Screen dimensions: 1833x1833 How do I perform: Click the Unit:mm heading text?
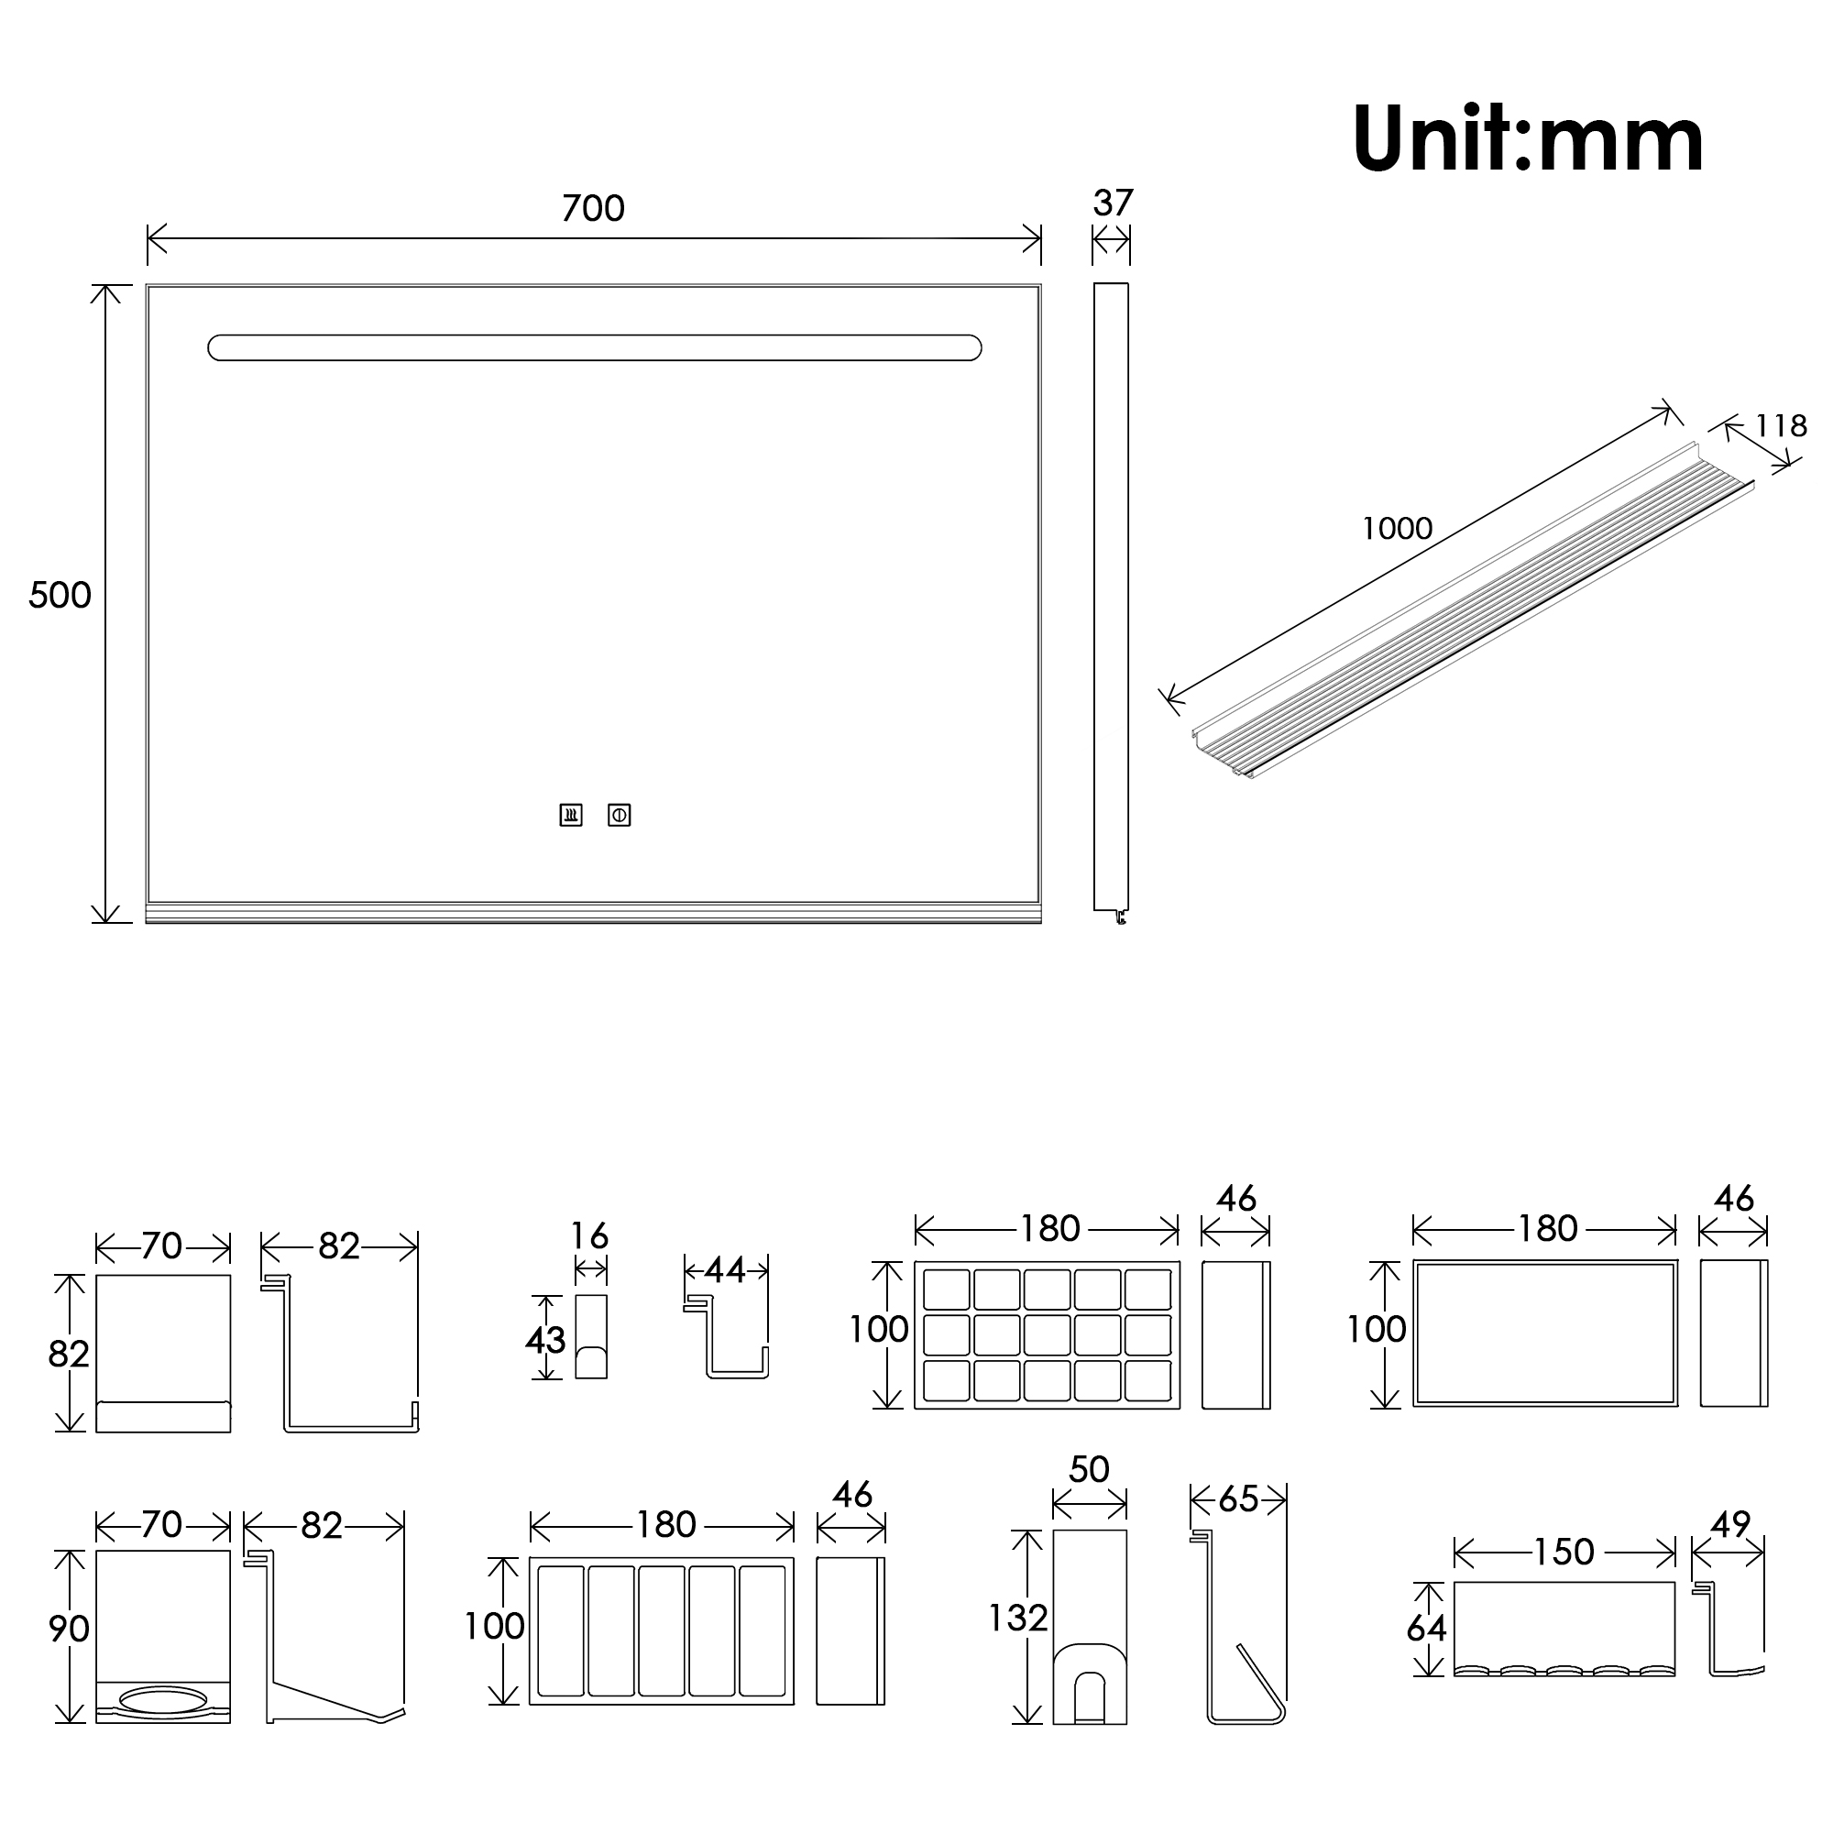[1528, 138]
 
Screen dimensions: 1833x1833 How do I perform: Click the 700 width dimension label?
[593, 208]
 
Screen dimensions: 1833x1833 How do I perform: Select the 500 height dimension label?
[60, 595]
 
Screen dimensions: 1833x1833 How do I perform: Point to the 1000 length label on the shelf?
[1397, 529]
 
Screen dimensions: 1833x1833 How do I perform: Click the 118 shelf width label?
[1780, 426]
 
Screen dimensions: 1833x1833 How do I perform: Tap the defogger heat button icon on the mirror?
[570, 815]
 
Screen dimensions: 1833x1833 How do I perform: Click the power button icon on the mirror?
[620, 815]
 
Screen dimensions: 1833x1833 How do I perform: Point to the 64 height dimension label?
[1426, 1628]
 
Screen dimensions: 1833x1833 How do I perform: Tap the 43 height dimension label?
[545, 1340]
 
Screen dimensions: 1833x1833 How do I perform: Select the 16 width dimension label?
[589, 1235]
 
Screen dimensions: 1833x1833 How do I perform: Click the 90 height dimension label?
[69, 1628]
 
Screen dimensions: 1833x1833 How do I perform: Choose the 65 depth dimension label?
[1238, 1499]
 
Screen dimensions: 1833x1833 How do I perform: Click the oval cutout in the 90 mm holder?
[163, 1699]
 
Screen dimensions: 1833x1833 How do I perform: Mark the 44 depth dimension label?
[725, 1270]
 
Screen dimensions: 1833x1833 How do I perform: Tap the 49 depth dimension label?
[1729, 1525]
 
